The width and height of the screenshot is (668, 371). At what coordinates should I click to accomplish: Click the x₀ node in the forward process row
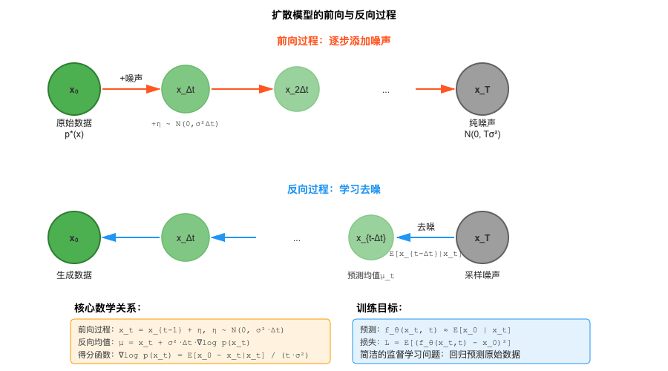74,89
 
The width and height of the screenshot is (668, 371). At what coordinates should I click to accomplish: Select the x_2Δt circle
297,89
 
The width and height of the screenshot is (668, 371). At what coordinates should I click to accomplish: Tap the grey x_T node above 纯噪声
482,89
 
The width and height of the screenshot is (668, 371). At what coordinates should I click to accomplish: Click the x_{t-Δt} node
371,237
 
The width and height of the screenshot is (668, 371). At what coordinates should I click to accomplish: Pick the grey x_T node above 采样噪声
482,237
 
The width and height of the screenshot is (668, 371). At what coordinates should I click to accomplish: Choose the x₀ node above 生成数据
74,237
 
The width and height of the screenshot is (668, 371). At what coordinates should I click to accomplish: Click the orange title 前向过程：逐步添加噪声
334,41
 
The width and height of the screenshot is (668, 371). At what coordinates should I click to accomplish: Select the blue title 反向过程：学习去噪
334,189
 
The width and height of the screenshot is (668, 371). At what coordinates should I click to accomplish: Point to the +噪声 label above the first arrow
131,78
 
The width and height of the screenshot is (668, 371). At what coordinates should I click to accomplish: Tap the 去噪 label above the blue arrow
425,226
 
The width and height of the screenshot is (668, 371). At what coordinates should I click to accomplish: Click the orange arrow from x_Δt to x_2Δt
242,89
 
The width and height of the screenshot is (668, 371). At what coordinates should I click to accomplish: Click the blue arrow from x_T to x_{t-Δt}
425,237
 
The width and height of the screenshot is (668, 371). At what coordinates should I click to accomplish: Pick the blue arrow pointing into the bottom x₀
131,237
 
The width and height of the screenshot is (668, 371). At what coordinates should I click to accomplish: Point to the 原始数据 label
74,123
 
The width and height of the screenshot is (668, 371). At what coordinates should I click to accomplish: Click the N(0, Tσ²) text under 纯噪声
482,134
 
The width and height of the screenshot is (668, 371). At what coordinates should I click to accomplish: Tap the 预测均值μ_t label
371,275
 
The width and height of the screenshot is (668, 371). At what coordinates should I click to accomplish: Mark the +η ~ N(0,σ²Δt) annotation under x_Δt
185,124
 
